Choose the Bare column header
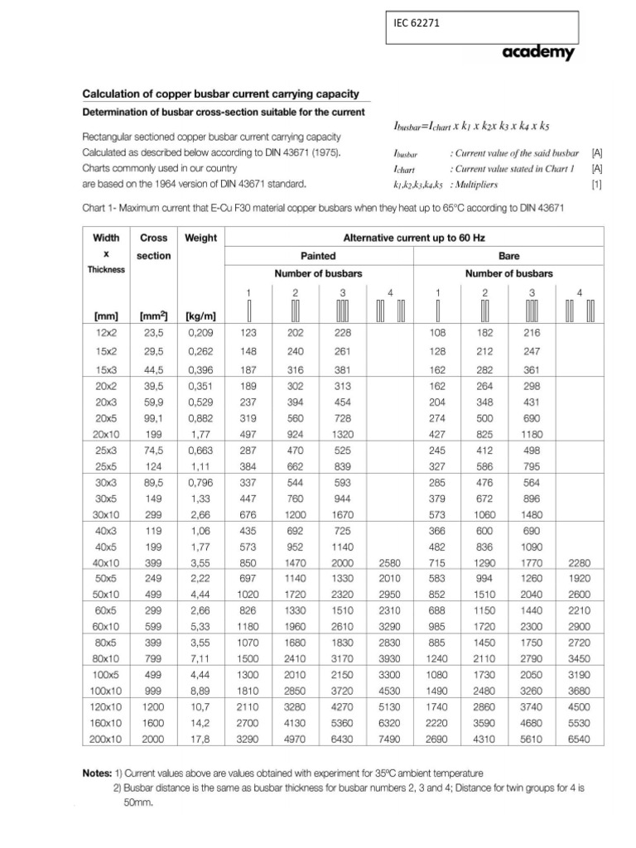(x=508, y=256)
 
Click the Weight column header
(x=200, y=238)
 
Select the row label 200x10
(x=106, y=740)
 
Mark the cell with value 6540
(x=579, y=740)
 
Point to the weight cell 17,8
(x=200, y=740)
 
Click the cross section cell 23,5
(x=153, y=332)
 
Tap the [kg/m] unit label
(x=200, y=316)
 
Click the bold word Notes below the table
(x=99, y=773)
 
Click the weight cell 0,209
(x=200, y=332)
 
